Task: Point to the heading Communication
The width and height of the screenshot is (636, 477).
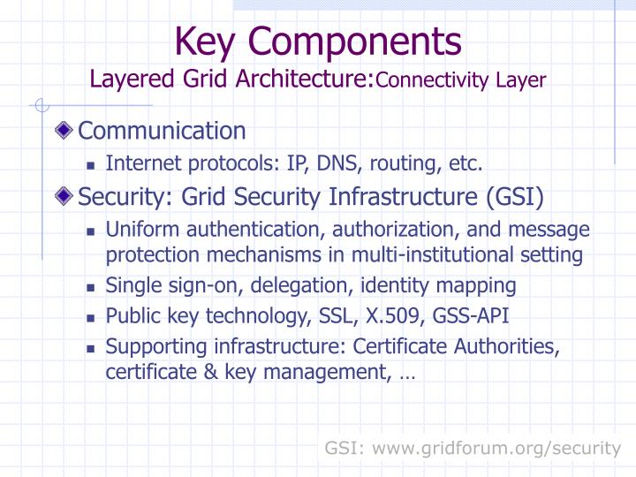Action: (x=162, y=131)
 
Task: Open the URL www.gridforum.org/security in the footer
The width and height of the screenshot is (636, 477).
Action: (x=497, y=448)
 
